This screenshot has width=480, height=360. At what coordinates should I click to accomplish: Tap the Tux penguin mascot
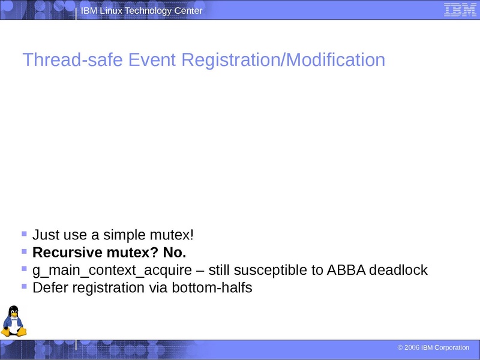tap(13, 321)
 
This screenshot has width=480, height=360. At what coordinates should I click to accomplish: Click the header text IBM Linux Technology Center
tap(142, 11)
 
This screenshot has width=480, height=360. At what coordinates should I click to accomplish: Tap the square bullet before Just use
tap(24, 233)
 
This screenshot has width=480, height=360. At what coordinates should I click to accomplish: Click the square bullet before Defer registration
tap(24, 286)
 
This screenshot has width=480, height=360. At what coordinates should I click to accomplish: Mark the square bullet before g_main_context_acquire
tap(24, 269)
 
